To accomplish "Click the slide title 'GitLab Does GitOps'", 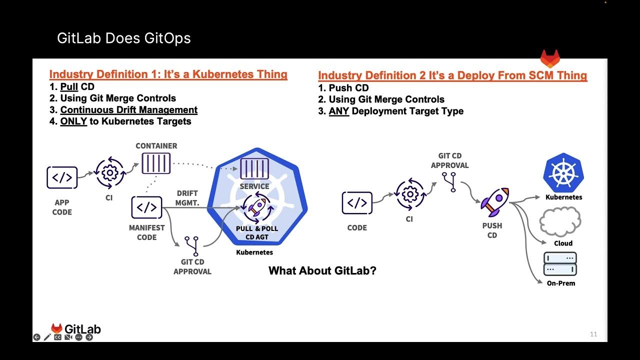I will click(x=123, y=38).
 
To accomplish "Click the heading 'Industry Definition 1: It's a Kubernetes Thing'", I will click(x=168, y=74).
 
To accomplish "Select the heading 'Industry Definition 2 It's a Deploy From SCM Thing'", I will click(x=452, y=75).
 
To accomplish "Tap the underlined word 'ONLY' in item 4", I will click(x=73, y=121).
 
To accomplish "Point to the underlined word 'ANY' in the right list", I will click(x=338, y=111).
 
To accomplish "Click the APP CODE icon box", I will click(x=62, y=177).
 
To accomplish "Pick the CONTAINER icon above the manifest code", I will click(x=156, y=163).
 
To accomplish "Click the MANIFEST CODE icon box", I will click(x=146, y=207).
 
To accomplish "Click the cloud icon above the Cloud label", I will click(x=560, y=222).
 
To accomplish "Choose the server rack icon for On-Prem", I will click(x=560, y=264).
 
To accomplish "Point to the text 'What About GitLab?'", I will click(x=322, y=271).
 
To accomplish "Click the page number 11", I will click(x=593, y=334).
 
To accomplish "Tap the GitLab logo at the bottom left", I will click(x=76, y=329).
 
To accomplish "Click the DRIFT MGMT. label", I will click(x=187, y=198).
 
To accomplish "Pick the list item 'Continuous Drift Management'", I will click(x=128, y=110).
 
